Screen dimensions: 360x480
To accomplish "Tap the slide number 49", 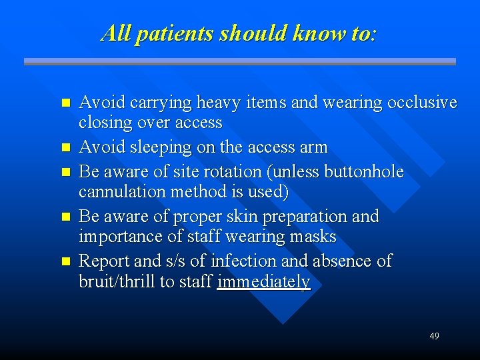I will pos(434,336).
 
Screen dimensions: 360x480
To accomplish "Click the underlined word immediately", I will pos(263,282).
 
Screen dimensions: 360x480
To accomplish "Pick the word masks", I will pos(314,237).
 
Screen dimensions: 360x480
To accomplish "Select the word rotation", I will pos(235,171).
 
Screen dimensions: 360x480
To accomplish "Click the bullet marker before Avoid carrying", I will pos(65,104).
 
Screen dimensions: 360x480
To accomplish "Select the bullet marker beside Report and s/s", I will pos(65,261).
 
